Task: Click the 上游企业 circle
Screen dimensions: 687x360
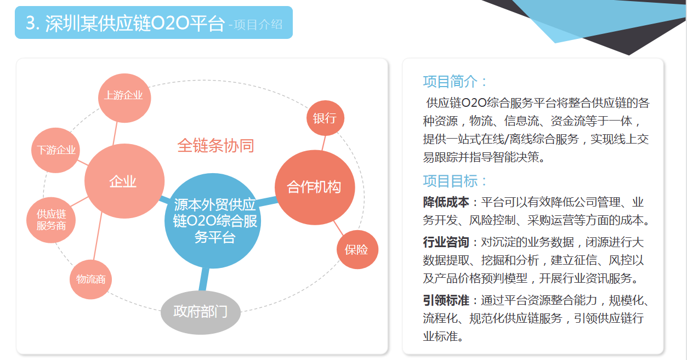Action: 124,98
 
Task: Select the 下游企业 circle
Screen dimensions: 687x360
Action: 55,150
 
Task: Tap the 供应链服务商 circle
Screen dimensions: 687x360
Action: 51,220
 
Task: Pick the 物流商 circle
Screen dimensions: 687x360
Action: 91,279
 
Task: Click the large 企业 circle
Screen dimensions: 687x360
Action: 124,181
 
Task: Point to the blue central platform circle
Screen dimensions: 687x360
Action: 213,221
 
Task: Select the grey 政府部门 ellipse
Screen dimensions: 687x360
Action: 201,312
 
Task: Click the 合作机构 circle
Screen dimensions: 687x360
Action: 315,187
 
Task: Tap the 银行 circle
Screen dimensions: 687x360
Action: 325,118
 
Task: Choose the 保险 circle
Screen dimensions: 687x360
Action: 357,250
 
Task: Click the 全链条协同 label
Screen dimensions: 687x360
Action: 215,146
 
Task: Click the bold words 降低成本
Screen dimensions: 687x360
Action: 446,202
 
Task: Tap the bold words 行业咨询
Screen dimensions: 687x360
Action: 446,242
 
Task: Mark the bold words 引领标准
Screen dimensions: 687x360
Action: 446,300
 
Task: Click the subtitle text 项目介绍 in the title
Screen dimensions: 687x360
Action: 258,25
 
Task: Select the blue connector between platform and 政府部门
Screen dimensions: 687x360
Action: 204,279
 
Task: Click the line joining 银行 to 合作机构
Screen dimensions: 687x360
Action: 323,143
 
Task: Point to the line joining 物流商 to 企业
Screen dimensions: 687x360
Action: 98,236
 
